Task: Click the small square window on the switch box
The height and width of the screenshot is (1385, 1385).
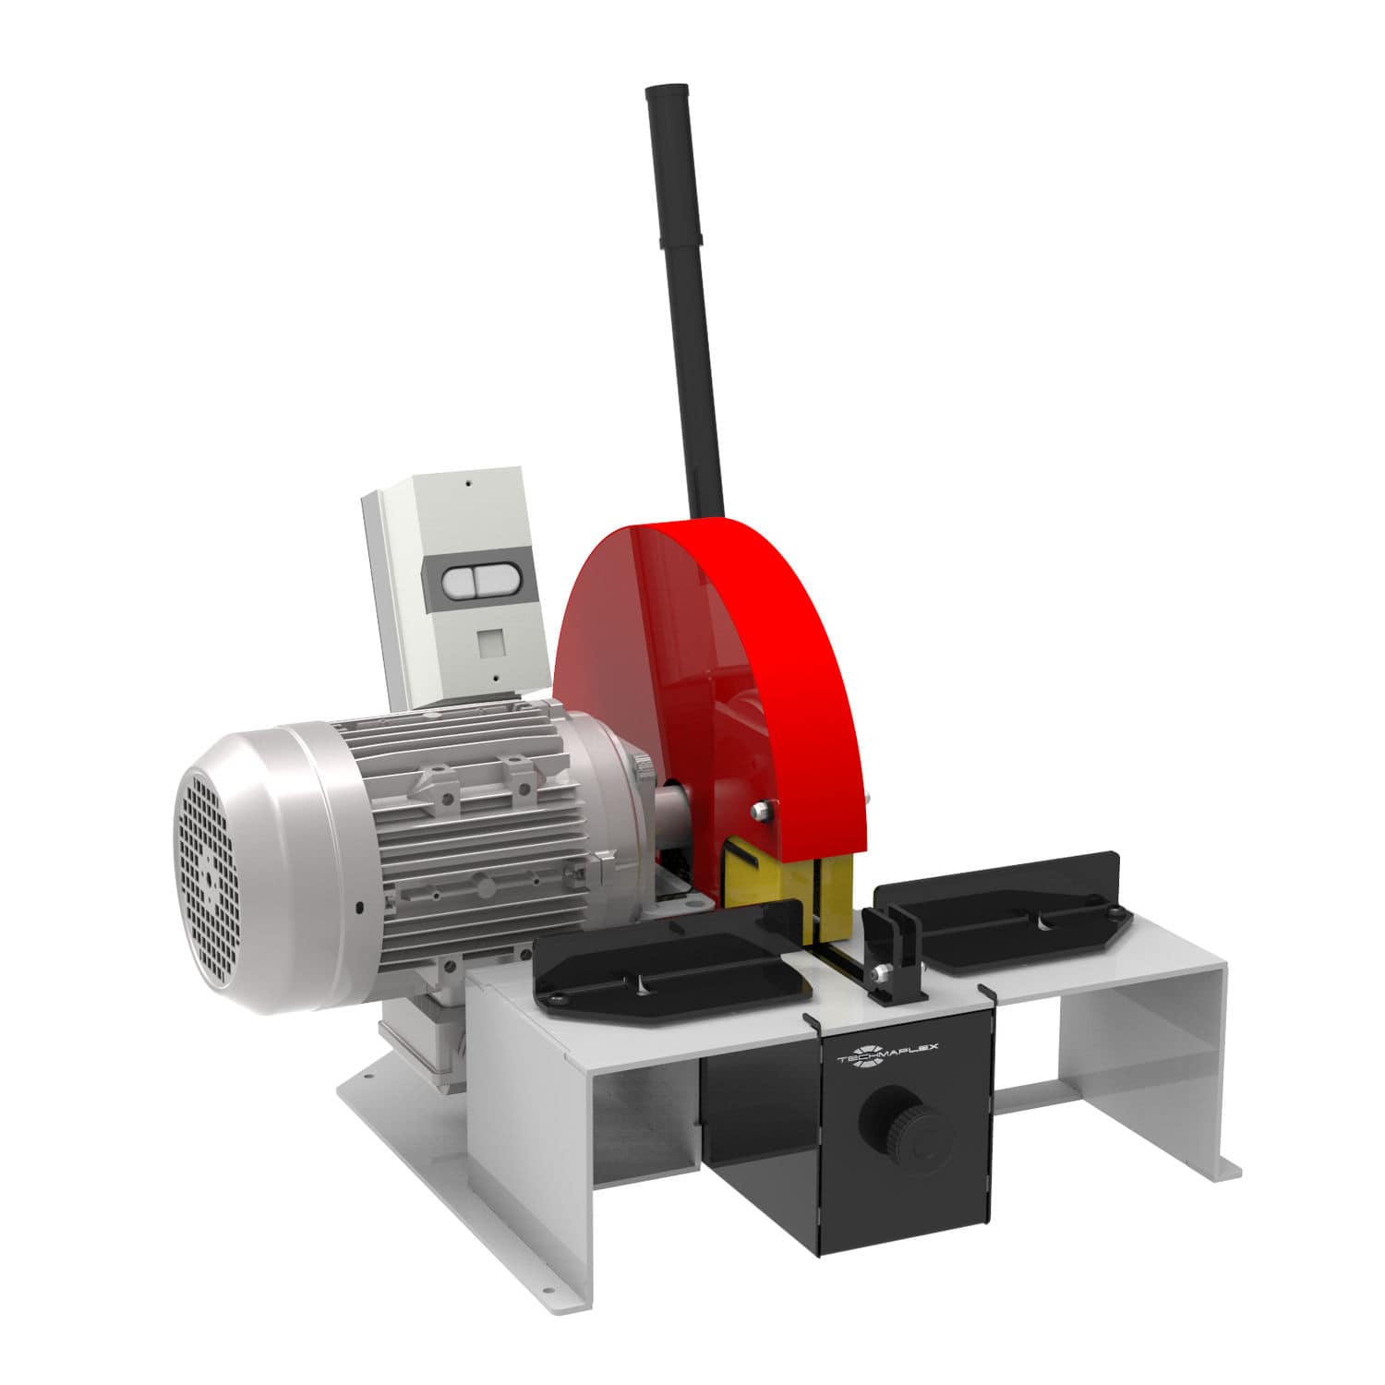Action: [488, 641]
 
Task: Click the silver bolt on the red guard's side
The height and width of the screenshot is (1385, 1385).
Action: [760, 810]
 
